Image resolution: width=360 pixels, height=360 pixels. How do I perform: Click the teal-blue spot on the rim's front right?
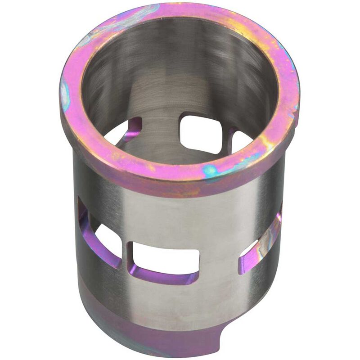pos(211,171)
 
